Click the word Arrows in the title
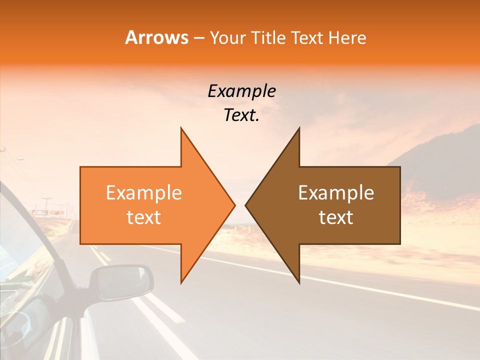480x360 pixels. click(157, 37)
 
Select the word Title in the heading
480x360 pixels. click(268, 37)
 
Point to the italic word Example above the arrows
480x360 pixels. click(241, 91)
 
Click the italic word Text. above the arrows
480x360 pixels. click(241, 115)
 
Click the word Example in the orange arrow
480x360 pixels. click(144, 193)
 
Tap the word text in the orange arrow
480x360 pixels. click(144, 217)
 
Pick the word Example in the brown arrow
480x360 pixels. click(336, 193)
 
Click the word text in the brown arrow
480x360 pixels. click(336, 217)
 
